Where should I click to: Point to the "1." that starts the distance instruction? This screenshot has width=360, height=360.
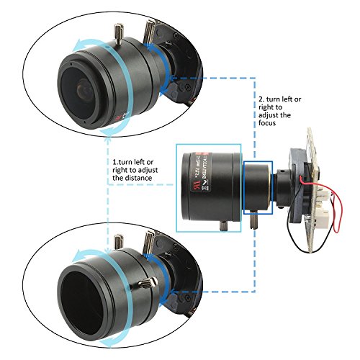(115, 162)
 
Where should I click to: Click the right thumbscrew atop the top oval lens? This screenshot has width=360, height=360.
(150, 31)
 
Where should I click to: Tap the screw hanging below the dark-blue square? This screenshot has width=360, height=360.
(253, 220)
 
